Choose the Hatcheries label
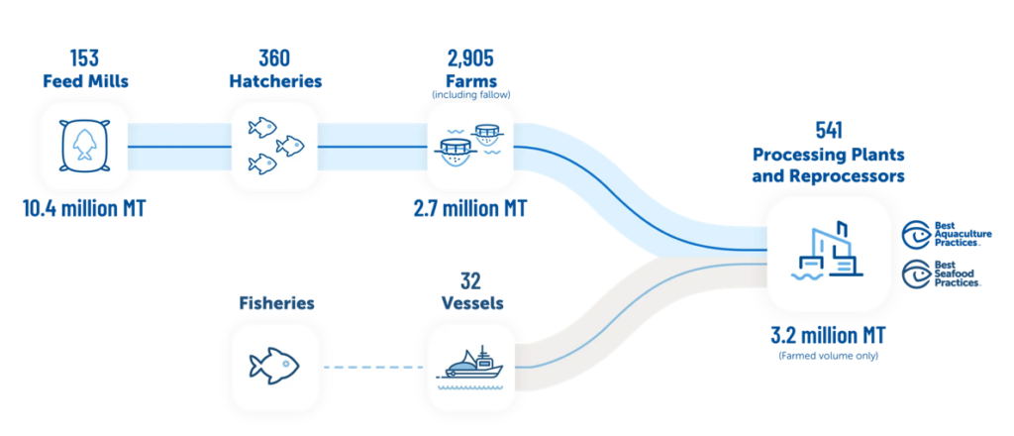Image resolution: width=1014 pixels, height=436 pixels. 273,81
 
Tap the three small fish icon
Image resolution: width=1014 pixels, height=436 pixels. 273,148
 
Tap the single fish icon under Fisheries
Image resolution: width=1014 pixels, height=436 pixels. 273,368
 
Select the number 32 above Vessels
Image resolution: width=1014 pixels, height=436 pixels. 469,280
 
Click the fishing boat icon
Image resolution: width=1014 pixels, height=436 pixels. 469,368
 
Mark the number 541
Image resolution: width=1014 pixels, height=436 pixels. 828,130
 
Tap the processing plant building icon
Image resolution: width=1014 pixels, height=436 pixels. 828,254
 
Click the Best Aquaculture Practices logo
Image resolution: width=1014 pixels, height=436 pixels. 942,235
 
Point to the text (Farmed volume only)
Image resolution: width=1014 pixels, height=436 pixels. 828,355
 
